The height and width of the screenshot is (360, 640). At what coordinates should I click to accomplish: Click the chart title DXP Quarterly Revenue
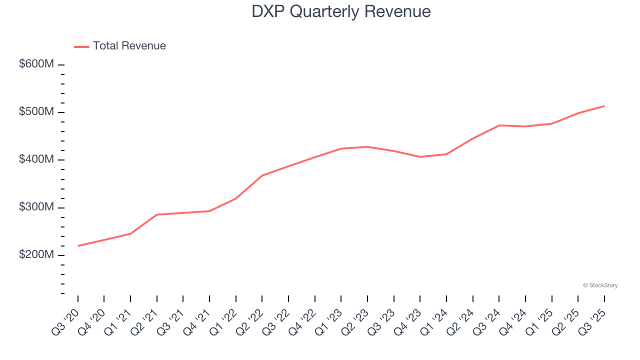(341, 11)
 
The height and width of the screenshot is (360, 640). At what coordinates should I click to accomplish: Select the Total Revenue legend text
(129, 46)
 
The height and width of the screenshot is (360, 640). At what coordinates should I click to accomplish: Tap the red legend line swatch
(81, 46)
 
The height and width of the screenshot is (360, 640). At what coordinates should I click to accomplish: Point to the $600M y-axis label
(36, 64)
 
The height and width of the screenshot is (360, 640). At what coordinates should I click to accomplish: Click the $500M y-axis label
(36, 112)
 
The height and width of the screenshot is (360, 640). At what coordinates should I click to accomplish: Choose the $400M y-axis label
(36, 159)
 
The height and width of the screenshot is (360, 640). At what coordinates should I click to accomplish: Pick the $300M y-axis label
(36, 207)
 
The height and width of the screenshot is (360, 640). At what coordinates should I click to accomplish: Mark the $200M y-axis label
(36, 255)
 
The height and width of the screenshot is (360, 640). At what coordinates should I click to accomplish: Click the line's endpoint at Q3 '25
(604, 106)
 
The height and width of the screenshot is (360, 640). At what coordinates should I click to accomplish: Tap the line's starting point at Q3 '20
(78, 246)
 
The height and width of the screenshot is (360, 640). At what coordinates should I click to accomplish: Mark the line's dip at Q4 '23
(420, 157)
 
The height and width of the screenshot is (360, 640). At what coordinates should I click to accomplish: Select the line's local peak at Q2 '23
(367, 146)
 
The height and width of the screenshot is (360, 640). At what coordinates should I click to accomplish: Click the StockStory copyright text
(600, 285)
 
